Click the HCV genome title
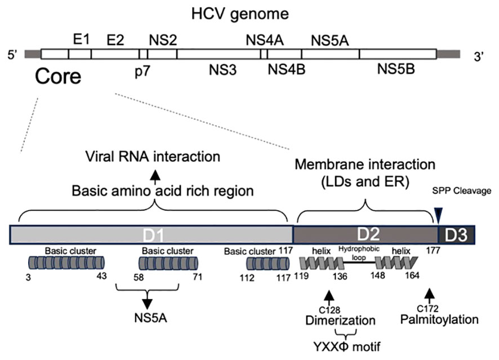tap(249, 11)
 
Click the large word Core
tap(57, 75)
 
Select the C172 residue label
tap(430, 309)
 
